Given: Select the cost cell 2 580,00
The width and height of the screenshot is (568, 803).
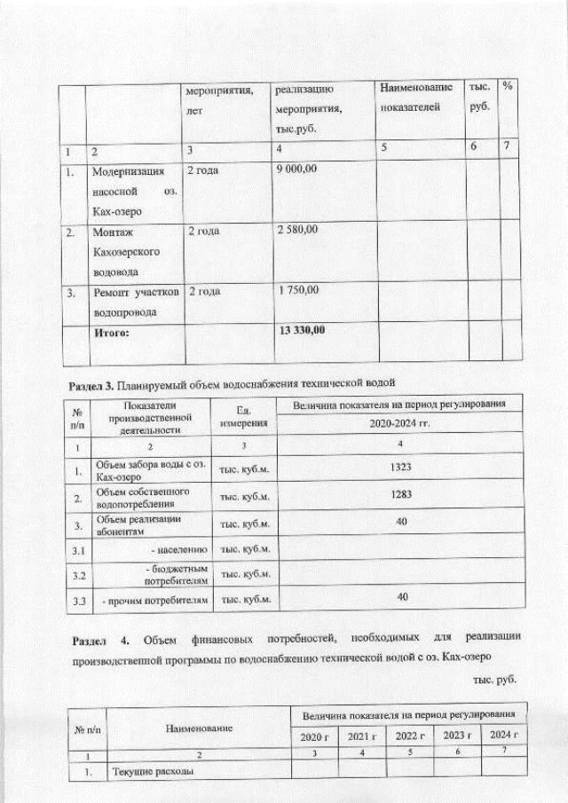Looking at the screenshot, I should point(296,231).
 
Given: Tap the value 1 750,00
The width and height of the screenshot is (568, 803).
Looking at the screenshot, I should point(296,290).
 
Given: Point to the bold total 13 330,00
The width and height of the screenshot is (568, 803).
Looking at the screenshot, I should point(301,330).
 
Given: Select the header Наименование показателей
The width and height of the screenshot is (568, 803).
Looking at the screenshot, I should point(415,98).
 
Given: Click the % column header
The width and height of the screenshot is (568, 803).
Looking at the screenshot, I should point(508,86).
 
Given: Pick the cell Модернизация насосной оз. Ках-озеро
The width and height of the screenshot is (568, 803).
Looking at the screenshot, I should point(134,191).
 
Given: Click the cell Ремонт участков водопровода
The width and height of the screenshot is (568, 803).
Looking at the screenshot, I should point(134,302).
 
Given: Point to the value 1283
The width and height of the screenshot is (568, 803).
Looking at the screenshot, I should point(402,495).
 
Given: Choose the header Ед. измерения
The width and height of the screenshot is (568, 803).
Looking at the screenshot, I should point(243,416).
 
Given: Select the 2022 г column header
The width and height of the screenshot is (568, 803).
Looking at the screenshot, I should point(410,736).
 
